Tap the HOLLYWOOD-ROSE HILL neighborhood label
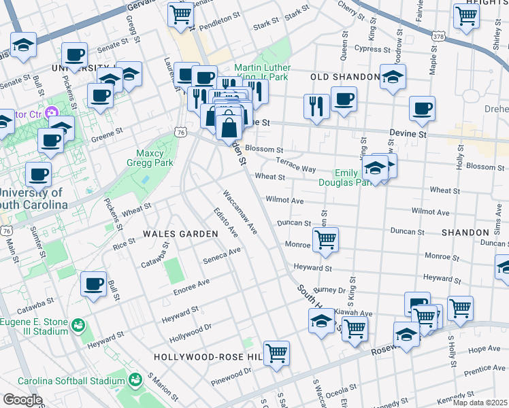pos(208,357)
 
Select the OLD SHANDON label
pos(344,77)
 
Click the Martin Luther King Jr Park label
pos(262,72)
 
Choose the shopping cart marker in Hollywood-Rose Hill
pos(276,353)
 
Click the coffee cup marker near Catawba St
pos(94,284)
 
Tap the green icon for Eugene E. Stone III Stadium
pos(80,326)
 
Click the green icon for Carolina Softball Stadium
pos(134,379)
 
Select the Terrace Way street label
pos(296,164)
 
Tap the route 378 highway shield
pos(442,35)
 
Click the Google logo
pos(22,400)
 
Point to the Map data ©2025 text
pos(480,403)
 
